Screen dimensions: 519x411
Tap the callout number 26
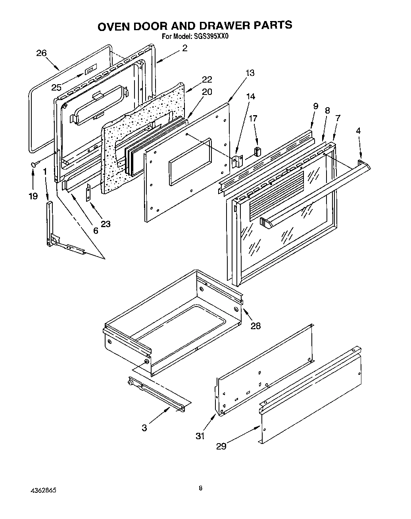[x=42, y=53]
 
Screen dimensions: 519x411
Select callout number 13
[x=250, y=73]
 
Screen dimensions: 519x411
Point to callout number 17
[x=253, y=118]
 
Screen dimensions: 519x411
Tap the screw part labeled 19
[x=34, y=164]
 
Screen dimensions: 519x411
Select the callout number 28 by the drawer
[x=256, y=326]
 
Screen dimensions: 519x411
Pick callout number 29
[x=221, y=446]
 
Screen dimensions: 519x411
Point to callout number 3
[x=144, y=428]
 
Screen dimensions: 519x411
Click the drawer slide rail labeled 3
[x=159, y=393]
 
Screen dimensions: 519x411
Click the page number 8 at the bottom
[x=201, y=488]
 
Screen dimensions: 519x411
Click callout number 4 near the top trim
[x=358, y=130]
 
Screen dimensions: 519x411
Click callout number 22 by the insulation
[x=207, y=79]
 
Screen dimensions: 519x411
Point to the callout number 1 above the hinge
[x=45, y=171]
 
